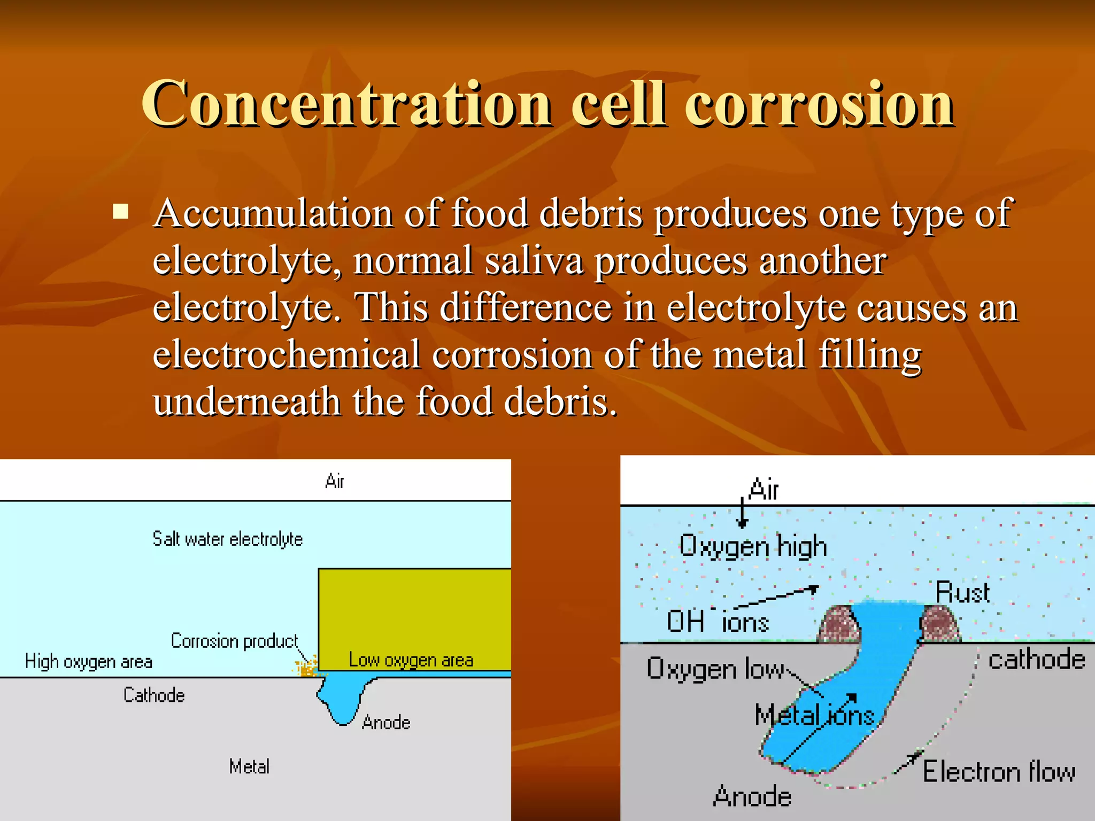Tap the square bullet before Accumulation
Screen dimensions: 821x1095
(x=121, y=212)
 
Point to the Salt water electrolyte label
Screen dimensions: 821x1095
(x=227, y=539)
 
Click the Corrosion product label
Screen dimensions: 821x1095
(x=234, y=640)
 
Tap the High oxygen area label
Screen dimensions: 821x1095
(x=89, y=662)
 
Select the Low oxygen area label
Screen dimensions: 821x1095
(x=411, y=660)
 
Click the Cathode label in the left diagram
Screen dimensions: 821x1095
(x=154, y=695)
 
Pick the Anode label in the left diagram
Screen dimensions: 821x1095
(x=386, y=723)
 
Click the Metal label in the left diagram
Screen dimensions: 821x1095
(x=249, y=767)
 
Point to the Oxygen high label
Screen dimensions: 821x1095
(x=753, y=546)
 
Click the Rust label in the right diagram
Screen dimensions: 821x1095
(x=962, y=593)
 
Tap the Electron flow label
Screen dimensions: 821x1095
(x=999, y=772)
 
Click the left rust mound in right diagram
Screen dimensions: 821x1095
(x=840, y=624)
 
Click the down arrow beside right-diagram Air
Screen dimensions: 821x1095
(x=742, y=513)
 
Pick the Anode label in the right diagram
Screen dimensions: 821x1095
(x=752, y=796)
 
